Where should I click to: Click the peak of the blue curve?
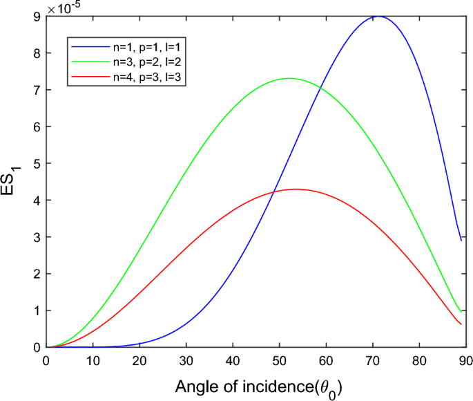pyautogui.click(x=378, y=16)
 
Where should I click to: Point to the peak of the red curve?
pyautogui.click(x=296, y=189)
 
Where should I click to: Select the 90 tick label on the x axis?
pyautogui.click(x=466, y=360)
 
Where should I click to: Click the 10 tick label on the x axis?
pyautogui.click(x=93, y=360)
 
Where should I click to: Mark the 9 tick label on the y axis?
pyautogui.click(x=37, y=17)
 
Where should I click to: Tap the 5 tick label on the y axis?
pyautogui.click(x=37, y=164)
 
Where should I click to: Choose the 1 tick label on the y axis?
pyautogui.click(x=37, y=311)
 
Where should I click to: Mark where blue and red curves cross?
pyautogui.click(x=274, y=192)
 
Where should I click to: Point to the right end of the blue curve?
pyautogui.click(x=461, y=240)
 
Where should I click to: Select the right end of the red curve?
pyautogui.click(x=461, y=324)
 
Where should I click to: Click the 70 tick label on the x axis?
pyautogui.click(x=372, y=360)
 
